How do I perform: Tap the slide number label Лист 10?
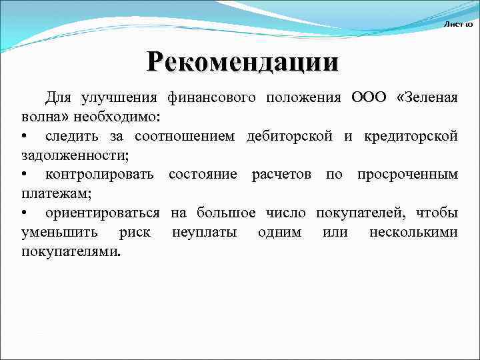coord(458,24)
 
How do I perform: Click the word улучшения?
coord(119,98)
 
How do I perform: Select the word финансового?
coord(211,98)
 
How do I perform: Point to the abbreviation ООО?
coord(368,98)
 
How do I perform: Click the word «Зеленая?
coord(427,98)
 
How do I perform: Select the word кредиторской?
coord(411,137)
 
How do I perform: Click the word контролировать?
coord(99,175)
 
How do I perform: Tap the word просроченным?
coord(407,175)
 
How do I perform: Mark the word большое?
coord(226,213)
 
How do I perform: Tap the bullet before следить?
coord(23,137)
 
